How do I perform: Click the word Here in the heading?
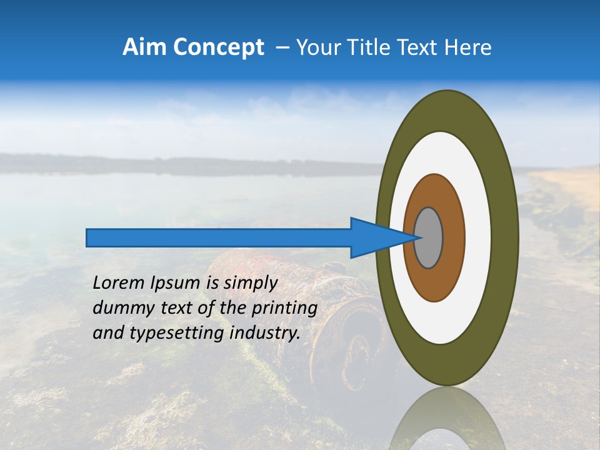[469, 47]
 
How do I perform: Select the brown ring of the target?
[454, 237]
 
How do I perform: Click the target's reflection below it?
[446, 419]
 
